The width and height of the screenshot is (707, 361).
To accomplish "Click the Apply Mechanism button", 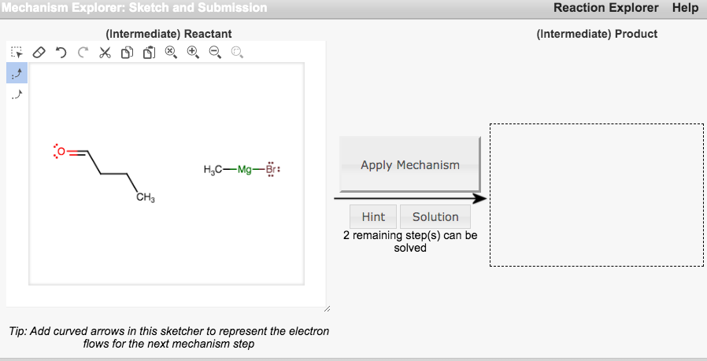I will pos(409,164).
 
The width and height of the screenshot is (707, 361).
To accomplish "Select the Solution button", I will pos(435,217).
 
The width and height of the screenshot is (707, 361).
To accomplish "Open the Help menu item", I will pos(685,8).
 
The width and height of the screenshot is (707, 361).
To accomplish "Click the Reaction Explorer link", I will pos(605,8).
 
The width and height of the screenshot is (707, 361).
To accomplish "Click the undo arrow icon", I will pos(61,53).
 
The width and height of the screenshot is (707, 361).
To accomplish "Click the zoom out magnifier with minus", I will pos(214,53).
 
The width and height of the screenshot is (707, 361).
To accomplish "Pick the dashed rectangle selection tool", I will pos(17,53).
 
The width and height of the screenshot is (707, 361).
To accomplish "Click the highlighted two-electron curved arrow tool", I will pos(17,73).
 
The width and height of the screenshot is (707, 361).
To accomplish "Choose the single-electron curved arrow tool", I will pos(17,94).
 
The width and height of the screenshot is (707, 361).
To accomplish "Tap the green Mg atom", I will pos(245,170).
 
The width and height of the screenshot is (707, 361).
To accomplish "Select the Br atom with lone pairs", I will pos(272,170).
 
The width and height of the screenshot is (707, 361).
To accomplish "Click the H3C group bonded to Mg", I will pos(213,170).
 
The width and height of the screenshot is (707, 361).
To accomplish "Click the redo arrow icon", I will pos(83,53).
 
